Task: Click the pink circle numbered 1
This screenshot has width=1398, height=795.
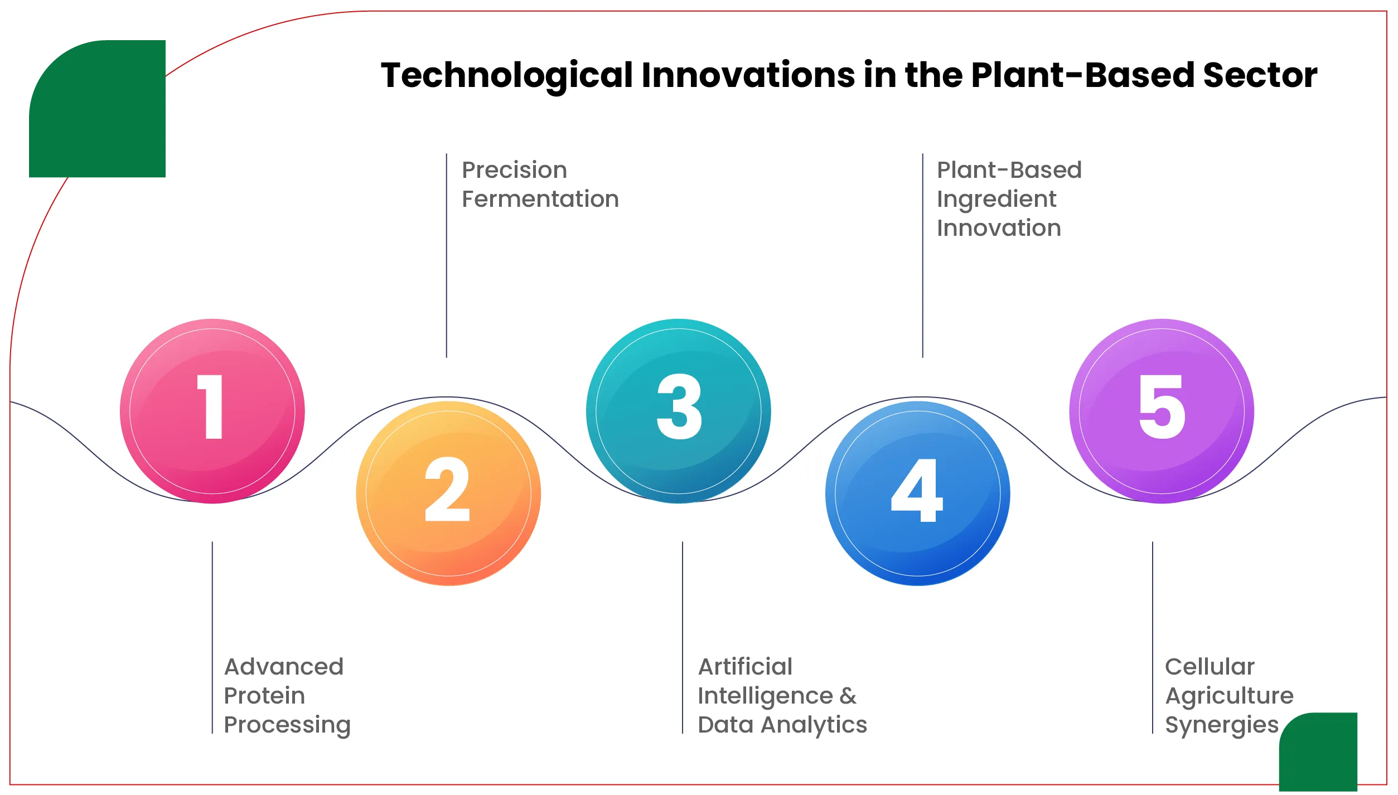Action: (212, 411)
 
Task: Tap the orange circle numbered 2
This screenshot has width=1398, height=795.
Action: (448, 493)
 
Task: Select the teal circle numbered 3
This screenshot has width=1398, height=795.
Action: (678, 411)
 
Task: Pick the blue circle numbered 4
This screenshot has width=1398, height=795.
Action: (917, 493)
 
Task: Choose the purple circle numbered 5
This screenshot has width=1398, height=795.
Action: (1161, 411)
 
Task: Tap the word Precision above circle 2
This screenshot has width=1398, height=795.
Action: (514, 170)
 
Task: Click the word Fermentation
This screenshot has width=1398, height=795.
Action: (540, 199)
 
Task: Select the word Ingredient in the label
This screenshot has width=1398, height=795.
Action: (996, 199)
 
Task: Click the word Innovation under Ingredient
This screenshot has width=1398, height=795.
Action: (998, 228)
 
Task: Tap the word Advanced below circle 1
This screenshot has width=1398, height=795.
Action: (283, 667)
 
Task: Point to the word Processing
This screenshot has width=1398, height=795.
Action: (287, 725)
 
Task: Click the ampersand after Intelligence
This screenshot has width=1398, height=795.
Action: (848, 696)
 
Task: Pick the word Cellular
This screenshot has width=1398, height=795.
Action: (1209, 667)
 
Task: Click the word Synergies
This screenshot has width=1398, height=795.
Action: (1221, 725)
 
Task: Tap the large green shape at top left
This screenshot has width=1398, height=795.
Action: (98, 112)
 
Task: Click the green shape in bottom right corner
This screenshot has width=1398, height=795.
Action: (1318, 753)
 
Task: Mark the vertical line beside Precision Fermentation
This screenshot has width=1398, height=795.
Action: (446, 256)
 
